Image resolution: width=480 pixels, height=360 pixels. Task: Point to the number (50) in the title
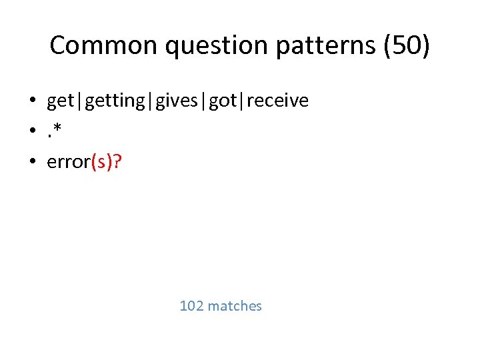pos(407,45)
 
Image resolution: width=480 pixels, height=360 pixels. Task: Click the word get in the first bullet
pos(60,101)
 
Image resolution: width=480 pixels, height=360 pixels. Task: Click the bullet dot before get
pos(31,101)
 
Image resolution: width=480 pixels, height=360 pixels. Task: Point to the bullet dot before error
pos(31,161)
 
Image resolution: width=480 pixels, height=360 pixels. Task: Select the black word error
pos(69,161)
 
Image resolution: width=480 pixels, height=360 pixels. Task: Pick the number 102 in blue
pos(191,306)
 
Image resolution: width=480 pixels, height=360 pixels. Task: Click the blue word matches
pos(235,306)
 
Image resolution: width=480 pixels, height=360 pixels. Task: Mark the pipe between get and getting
pos(77,101)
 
